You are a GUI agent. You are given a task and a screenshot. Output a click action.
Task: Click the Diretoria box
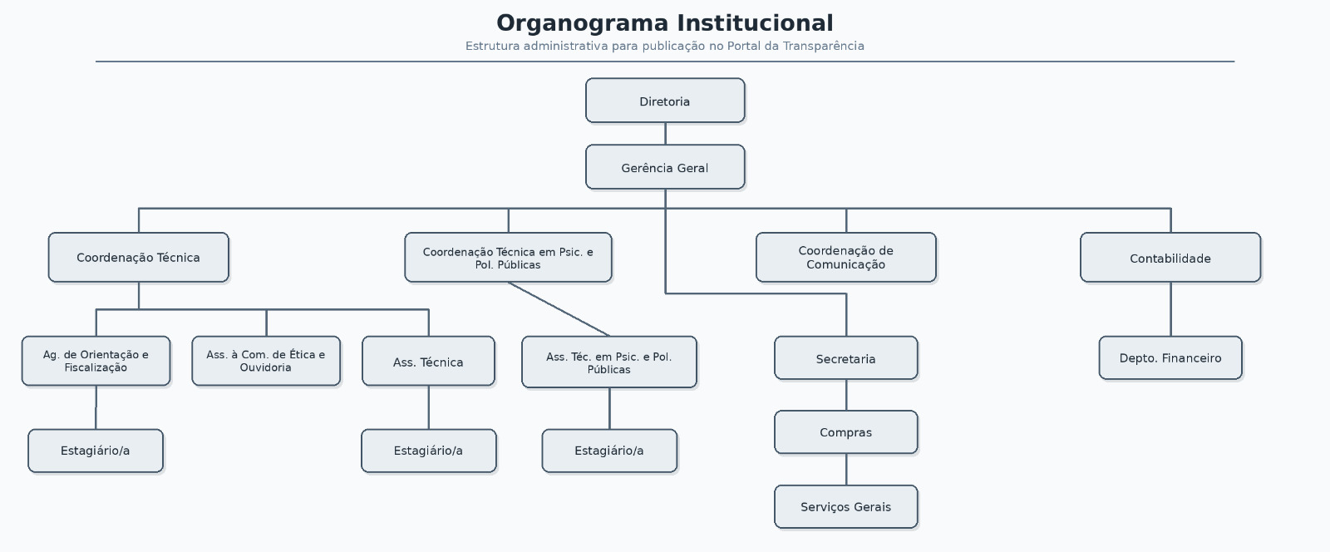pos(665,101)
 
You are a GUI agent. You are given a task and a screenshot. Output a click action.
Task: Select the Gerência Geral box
pos(665,167)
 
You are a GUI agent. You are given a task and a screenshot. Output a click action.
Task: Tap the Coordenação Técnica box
pos(138,258)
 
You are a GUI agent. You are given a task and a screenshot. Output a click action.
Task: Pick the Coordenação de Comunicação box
pos(845,258)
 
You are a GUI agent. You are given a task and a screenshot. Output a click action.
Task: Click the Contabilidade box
pos(1170,258)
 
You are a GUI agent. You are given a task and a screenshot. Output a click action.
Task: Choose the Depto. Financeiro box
pos(1170,358)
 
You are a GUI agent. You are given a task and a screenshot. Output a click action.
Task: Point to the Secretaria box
pos(845,358)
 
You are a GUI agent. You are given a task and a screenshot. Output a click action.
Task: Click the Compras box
pos(845,432)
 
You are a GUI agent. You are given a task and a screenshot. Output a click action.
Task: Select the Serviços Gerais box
pos(845,507)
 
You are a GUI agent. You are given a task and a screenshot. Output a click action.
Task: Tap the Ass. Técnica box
pos(428,362)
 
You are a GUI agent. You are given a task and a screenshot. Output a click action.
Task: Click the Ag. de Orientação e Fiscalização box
pos(96,361)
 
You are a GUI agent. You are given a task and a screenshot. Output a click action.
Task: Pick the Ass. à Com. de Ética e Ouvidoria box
pos(266,361)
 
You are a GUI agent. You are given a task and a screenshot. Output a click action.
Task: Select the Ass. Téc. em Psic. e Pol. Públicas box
pos(608,362)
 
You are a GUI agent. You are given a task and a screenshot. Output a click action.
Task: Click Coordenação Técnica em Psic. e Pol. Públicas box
pos(508,258)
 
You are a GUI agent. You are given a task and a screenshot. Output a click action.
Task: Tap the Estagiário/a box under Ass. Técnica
pos(428,451)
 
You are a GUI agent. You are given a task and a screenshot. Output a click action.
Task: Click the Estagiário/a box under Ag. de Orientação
pos(96,451)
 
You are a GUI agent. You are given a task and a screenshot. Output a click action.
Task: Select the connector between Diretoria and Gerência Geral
pos(665,134)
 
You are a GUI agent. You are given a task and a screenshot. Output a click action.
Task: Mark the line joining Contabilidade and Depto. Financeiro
pos(1170,309)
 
